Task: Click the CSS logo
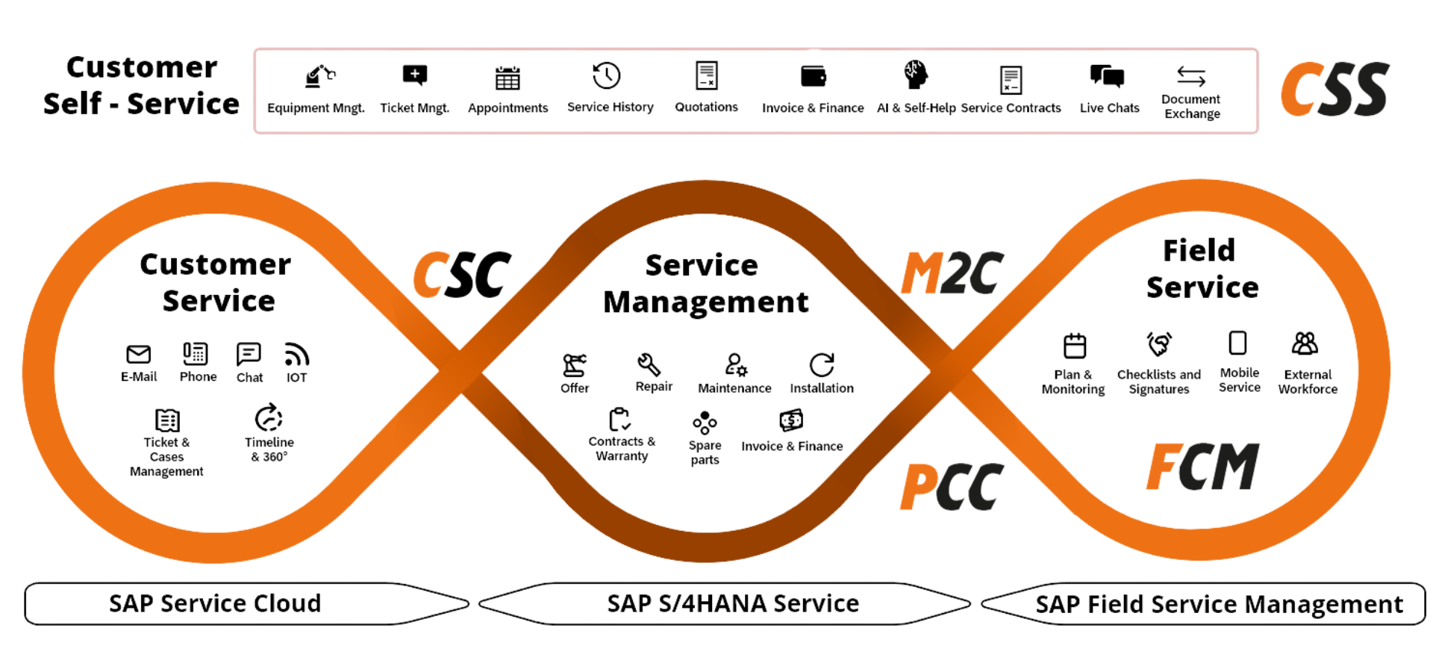coord(1334,90)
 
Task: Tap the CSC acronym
coord(461,275)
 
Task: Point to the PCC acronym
coord(952,487)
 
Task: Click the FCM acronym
coord(1202,467)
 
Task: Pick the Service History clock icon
coord(607,75)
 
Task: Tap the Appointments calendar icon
coord(508,76)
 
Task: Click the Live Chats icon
coord(1108,76)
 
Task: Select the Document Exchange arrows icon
coord(1191,75)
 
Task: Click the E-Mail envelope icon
coord(140,354)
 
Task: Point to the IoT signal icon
coord(296,354)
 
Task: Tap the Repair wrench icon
coord(649,364)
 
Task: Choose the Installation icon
coord(822,364)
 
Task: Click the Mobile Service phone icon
coord(1237,343)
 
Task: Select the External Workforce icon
coord(1305,343)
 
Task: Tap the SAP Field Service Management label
coord(1220,604)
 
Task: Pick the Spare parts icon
coord(705,423)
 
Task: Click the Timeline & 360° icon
coord(269,418)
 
